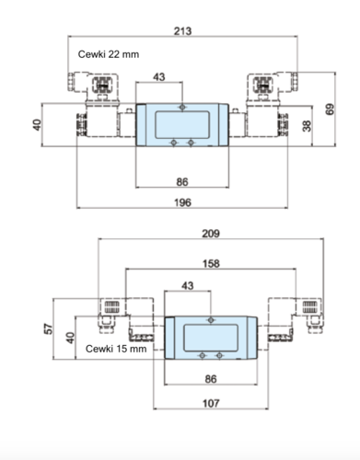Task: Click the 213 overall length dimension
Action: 182,31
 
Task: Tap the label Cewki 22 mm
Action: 109,54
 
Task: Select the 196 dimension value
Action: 182,202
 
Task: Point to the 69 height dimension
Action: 330,109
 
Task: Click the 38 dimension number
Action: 307,126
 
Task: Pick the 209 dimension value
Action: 211,234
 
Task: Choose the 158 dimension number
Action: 211,264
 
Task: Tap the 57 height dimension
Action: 49,328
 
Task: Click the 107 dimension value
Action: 211,403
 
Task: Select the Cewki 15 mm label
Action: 116,349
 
